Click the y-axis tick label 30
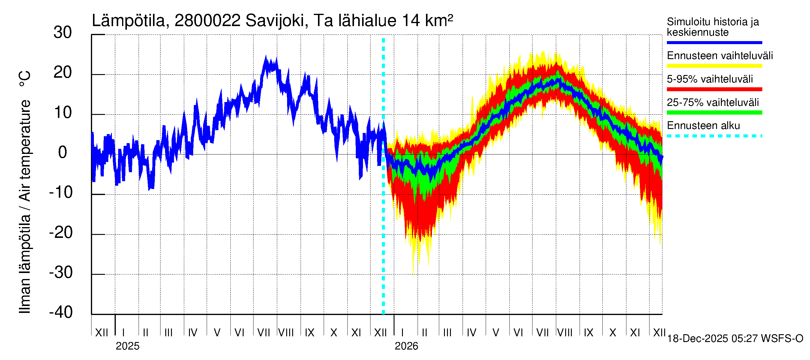[x=63, y=33]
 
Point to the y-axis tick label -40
[x=61, y=312]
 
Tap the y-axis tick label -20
[x=61, y=233]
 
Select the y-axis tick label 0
[x=63, y=152]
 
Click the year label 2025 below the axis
[x=127, y=346]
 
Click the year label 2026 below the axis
[x=406, y=346]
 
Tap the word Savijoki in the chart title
[x=275, y=21]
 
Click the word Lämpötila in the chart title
[x=129, y=21]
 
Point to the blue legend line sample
[x=714, y=42]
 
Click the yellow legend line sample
[x=714, y=66]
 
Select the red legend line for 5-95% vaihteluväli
[x=714, y=89]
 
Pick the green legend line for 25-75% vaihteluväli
[x=714, y=112]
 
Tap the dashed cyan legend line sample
[x=714, y=136]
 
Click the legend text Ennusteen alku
[x=703, y=126]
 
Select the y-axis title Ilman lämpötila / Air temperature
[x=25, y=192]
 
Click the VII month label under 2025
[x=263, y=333]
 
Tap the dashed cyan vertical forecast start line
[x=383, y=220]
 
